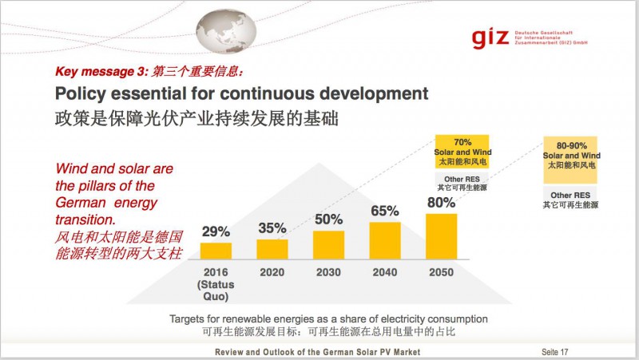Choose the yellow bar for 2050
(441, 236)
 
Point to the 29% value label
(216, 232)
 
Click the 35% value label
(272, 228)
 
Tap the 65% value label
(384, 212)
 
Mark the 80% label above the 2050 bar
(441, 203)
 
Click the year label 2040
(384, 272)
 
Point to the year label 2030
(328, 272)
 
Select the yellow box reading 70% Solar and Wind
(461, 151)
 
